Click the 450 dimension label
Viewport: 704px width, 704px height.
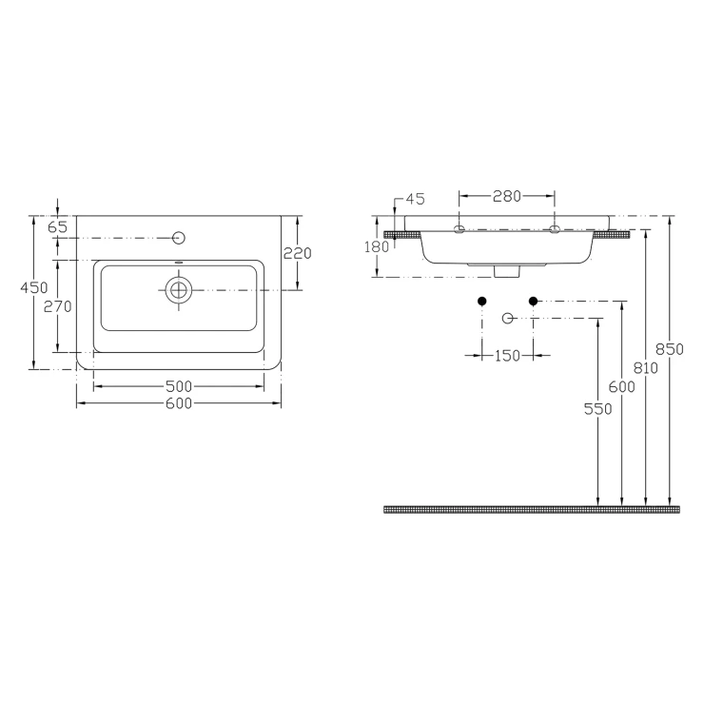click(34, 287)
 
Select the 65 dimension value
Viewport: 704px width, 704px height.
click(57, 227)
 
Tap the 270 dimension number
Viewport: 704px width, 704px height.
click(57, 306)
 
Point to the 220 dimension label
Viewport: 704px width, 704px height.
click(297, 254)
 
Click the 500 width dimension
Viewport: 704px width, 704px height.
click(179, 386)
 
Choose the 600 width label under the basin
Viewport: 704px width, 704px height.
click(179, 403)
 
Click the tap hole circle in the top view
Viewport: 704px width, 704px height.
click(179, 238)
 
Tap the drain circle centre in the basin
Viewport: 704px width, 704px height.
click(179, 290)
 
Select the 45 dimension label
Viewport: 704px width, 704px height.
click(416, 199)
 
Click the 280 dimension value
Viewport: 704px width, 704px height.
click(507, 196)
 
